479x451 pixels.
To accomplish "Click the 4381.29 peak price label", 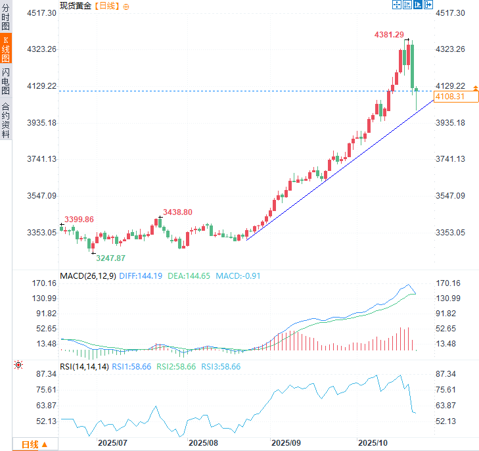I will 390,35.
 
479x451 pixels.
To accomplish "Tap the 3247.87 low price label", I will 110,258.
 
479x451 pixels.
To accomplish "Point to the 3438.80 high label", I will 178,212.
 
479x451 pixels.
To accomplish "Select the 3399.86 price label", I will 79,219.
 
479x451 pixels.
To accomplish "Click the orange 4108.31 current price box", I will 456,97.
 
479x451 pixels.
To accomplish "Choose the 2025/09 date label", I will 286,444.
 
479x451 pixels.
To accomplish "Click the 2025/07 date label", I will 112,444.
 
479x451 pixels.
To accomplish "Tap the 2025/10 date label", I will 373,444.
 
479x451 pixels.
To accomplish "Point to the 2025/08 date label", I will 202,444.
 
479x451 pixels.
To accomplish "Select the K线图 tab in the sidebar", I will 6,50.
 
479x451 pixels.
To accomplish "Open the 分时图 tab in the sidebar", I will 6,18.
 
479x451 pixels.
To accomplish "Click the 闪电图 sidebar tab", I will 6,82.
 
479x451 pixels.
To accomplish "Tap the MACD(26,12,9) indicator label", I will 88,276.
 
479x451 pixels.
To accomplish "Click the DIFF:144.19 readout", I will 141,276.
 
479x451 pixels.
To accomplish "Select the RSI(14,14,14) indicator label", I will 84,367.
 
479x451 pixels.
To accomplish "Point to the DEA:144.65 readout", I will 189,276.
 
